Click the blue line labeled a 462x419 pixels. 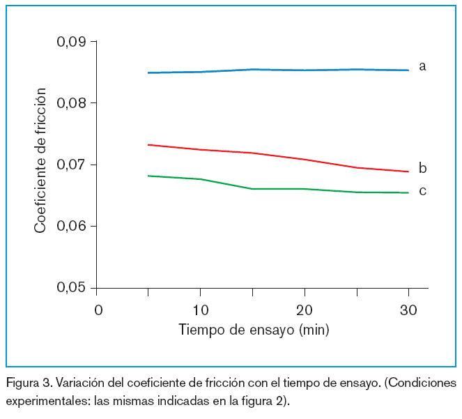coord(279,70)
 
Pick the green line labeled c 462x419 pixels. coord(279,188)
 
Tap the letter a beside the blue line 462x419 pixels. coord(422,66)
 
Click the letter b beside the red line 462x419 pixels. coord(422,168)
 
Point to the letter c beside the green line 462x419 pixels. coord(422,190)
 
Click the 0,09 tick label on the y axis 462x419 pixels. coord(72,42)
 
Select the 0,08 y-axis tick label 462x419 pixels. coord(72,103)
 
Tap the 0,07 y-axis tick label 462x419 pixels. coord(72,165)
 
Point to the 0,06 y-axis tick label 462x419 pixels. coord(72,227)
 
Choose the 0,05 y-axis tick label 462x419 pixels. coord(72,288)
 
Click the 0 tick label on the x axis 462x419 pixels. coord(98,310)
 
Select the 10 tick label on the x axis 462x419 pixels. coord(199,310)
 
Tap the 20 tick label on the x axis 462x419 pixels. coord(304,310)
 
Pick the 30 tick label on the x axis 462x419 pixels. coord(408,310)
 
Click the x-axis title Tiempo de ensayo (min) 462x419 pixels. coord(254,330)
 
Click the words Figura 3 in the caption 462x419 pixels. coord(28,383)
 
